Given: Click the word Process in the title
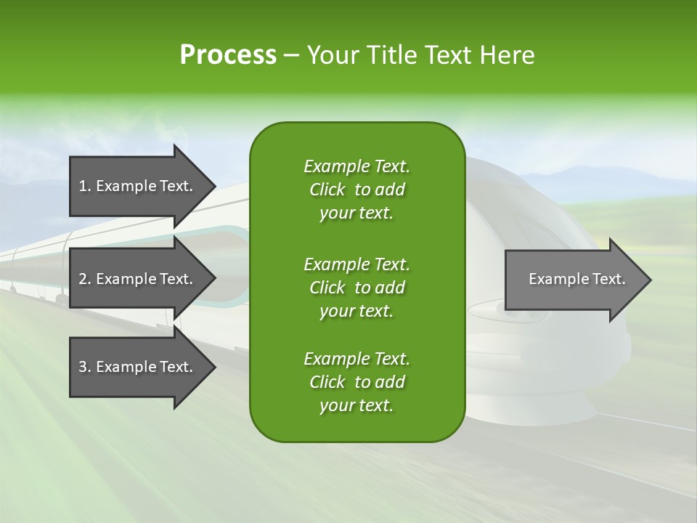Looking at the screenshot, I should (x=228, y=55).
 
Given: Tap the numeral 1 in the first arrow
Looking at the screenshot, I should (x=83, y=186).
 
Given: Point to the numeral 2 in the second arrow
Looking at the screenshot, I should (x=83, y=279).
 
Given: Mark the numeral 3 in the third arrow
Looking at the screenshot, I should (x=83, y=367).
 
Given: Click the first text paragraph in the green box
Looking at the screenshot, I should (x=356, y=190).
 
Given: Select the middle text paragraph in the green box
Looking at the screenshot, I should (x=356, y=287).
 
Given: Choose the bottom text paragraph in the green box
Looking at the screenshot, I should (x=356, y=382).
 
